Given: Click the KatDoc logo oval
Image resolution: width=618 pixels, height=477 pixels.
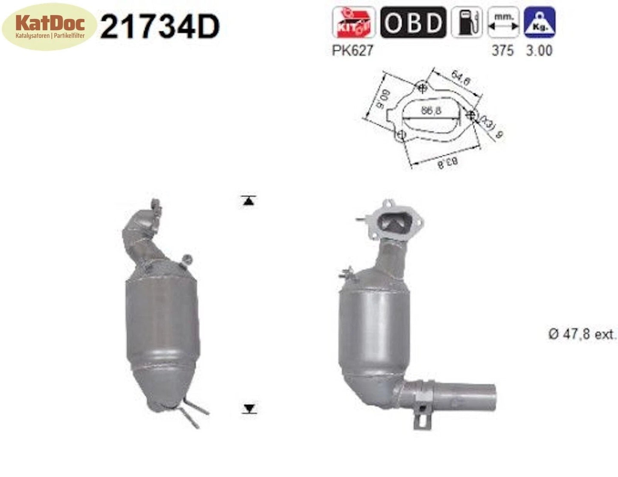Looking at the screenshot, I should tap(50, 27).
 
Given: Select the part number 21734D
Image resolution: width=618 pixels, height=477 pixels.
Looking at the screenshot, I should tap(160, 27).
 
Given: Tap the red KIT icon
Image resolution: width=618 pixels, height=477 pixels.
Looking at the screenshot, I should tap(353, 23).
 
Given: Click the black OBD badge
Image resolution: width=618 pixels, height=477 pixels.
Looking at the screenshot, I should tap(413, 23).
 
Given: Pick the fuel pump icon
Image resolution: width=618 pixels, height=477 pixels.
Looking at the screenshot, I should tap(466, 23).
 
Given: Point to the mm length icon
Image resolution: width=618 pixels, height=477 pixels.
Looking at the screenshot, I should tap(503, 23).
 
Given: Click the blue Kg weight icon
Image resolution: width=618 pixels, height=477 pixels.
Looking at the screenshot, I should tap(539, 23).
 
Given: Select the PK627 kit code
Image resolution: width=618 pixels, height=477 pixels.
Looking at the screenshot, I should tap(352, 50).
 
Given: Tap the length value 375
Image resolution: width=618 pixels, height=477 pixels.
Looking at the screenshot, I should tap(503, 50).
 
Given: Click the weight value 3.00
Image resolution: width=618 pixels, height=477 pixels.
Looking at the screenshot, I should tap(539, 50).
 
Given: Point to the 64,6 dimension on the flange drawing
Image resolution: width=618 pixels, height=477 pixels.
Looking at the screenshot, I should tap(460, 79).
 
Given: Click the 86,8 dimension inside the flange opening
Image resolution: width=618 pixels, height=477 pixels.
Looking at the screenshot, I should tap(431, 111).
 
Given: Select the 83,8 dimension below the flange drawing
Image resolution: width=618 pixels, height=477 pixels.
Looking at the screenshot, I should tap(447, 162).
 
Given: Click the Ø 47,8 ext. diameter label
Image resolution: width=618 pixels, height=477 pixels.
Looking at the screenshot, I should tap(583, 334).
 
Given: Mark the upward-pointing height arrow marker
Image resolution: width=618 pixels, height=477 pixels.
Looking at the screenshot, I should tap(248, 200).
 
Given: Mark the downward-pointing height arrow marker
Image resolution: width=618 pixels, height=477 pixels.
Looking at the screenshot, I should tap(249, 409).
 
